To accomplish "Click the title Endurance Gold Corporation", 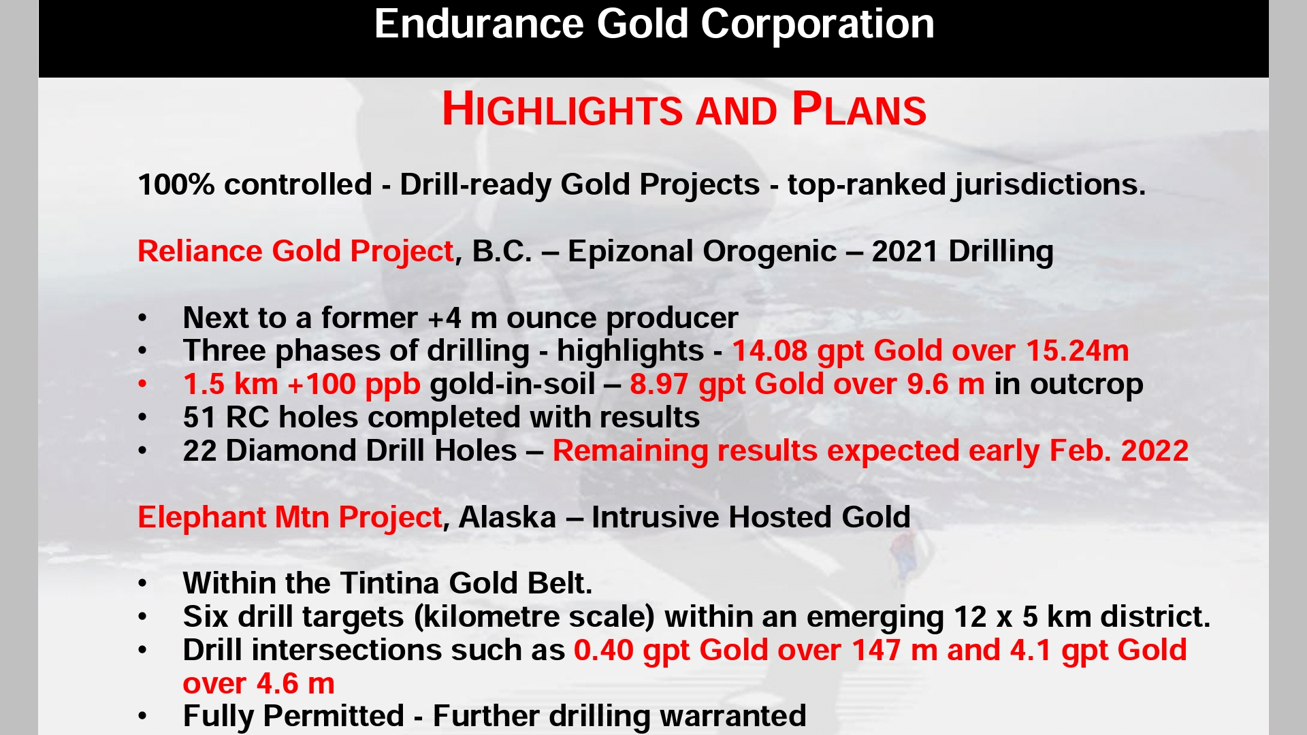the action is click(x=654, y=24).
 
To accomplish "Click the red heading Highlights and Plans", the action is click(x=684, y=109).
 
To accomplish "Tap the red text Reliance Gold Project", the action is click(x=295, y=252).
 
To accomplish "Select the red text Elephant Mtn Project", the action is click(x=290, y=517).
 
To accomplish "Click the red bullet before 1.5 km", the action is click(x=142, y=385).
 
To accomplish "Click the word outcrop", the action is click(x=1086, y=385).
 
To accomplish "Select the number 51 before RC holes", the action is click(x=199, y=417).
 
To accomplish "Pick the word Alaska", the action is click(x=507, y=517).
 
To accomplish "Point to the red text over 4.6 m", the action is click(x=259, y=683).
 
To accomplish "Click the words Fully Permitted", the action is click(x=293, y=716).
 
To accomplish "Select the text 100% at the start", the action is click(x=176, y=185).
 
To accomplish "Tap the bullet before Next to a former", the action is click(x=142, y=318).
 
